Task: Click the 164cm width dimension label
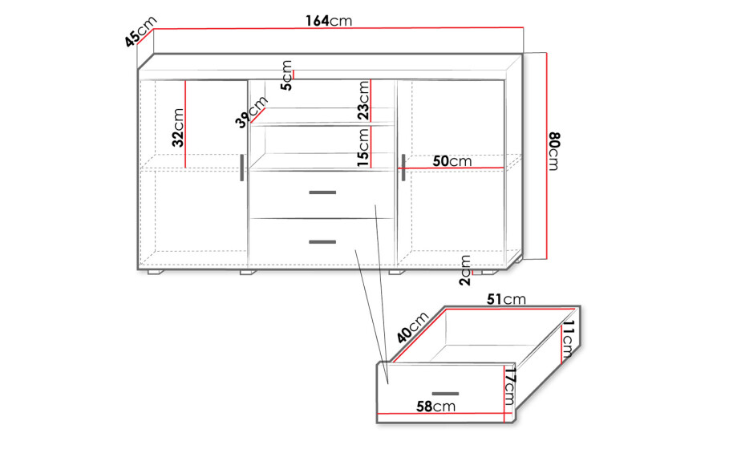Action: (x=329, y=21)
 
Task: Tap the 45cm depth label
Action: (x=141, y=31)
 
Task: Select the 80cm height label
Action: (x=554, y=152)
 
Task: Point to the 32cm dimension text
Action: (x=178, y=127)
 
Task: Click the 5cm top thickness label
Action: (x=287, y=75)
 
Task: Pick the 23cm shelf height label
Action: (x=363, y=100)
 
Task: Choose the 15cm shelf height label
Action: (x=363, y=148)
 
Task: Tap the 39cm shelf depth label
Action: (x=252, y=111)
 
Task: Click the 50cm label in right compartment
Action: (x=452, y=161)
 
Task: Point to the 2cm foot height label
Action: (x=465, y=270)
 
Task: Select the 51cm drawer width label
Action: (x=506, y=299)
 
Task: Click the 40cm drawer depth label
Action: (x=413, y=328)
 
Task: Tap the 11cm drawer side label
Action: (x=568, y=339)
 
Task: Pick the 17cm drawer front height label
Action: (x=510, y=386)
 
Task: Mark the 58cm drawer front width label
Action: (x=435, y=407)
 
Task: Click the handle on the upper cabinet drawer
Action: (x=322, y=192)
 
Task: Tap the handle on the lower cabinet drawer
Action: (x=322, y=241)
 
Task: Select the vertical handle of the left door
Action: (x=241, y=168)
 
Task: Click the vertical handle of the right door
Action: (x=403, y=168)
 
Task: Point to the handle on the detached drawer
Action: (x=445, y=394)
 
